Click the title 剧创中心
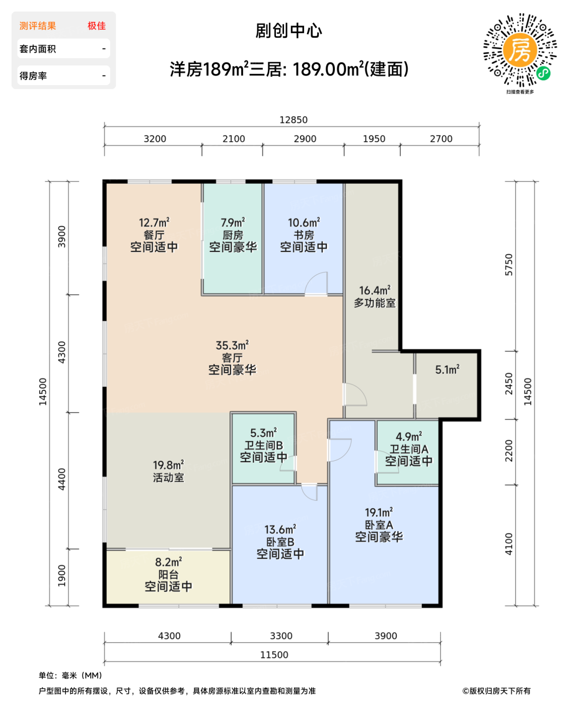coord(288,31)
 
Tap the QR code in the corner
coord(520,50)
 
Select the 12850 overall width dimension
coord(293,120)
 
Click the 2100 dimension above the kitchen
coord(234,139)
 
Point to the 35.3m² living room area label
coord(232,346)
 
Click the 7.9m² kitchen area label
coord(233,223)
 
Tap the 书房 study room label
coord(304,235)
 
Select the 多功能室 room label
coord(375,303)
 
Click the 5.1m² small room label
coord(447,370)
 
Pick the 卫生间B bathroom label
coord(263,446)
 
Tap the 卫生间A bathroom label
coord(409,449)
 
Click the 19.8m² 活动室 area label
coord(168,465)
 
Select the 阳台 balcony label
coord(168,575)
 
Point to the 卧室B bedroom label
coord(280,542)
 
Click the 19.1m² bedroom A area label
coord(379,513)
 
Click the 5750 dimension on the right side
coord(509,264)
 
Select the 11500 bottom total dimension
coord(274,655)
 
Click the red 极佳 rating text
coord(97,26)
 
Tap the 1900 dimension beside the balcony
coord(62,576)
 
